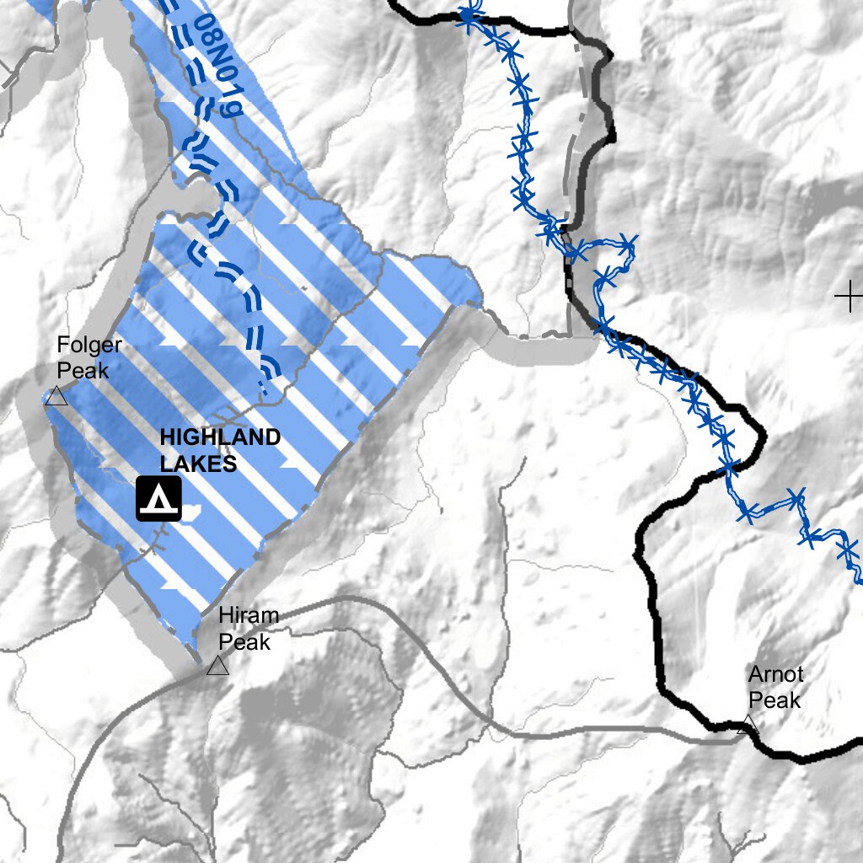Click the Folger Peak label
click(89, 356)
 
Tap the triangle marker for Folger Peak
click(56, 396)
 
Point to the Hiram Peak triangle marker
click(217, 666)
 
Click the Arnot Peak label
click(775, 687)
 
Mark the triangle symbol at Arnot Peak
click(746, 724)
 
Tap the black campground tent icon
click(159, 498)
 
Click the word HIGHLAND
click(220, 437)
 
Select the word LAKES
click(198, 464)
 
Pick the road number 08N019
click(217, 66)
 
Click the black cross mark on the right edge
click(848, 296)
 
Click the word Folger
click(89, 345)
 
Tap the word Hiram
click(248, 616)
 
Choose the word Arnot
click(775, 675)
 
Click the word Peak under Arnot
click(775, 700)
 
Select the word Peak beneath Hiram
click(244, 641)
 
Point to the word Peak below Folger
click(83, 369)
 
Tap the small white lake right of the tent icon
click(192, 511)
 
